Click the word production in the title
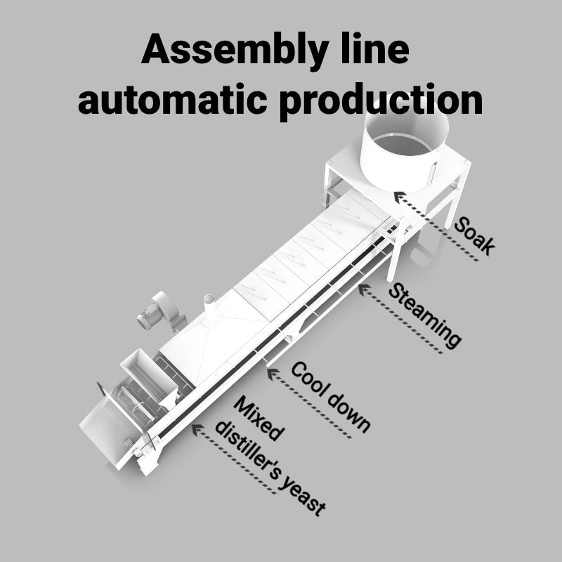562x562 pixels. click(x=380, y=100)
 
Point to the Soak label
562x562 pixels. click(x=475, y=236)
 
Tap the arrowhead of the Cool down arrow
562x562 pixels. click(x=270, y=371)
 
